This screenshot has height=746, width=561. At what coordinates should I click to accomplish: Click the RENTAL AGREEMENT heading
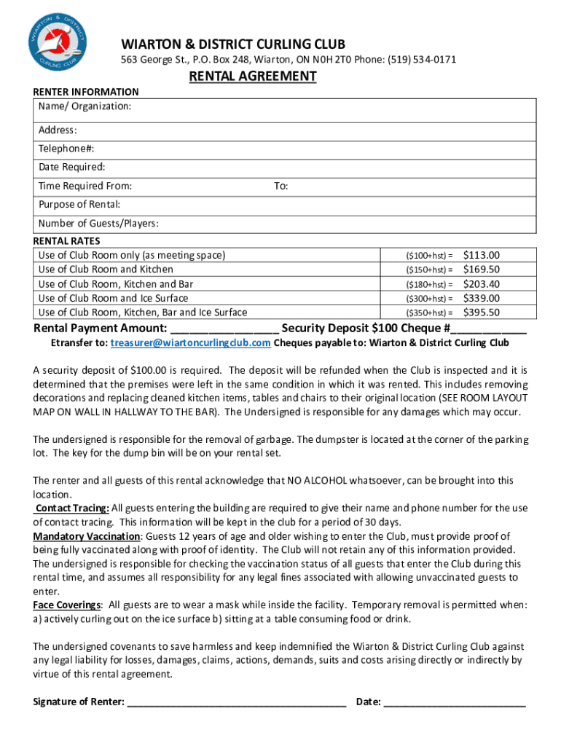pyautogui.click(x=253, y=77)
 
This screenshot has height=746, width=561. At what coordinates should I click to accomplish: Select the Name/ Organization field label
pyautogui.click(x=85, y=107)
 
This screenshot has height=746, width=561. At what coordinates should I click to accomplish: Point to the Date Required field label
pyautogui.click(x=71, y=167)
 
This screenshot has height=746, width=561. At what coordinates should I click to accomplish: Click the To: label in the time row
pyautogui.click(x=280, y=186)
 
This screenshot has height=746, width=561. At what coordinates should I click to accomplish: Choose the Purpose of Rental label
pyautogui.click(x=79, y=205)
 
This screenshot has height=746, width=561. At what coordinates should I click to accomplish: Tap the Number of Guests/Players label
pyautogui.click(x=98, y=223)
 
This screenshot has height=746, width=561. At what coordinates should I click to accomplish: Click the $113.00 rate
pyautogui.click(x=482, y=255)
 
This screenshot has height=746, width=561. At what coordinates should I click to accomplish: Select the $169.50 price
pyautogui.click(x=482, y=270)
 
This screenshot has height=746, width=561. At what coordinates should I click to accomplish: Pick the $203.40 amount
pyautogui.click(x=482, y=284)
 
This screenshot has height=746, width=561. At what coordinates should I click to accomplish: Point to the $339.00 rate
pyautogui.click(x=482, y=298)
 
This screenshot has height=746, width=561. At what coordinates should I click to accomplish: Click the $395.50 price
pyautogui.click(x=482, y=313)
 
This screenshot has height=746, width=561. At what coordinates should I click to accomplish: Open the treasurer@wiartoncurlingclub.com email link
pyautogui.click(x=191, y=342)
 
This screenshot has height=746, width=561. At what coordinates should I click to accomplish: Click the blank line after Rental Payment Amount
pyautogui.click(x=224, y=329)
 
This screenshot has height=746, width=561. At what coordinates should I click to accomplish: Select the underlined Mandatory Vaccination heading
pyautogui.click(x=87, y=536)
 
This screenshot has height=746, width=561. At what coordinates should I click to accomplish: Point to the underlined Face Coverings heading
pyautogui.click(x=67, y=605)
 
